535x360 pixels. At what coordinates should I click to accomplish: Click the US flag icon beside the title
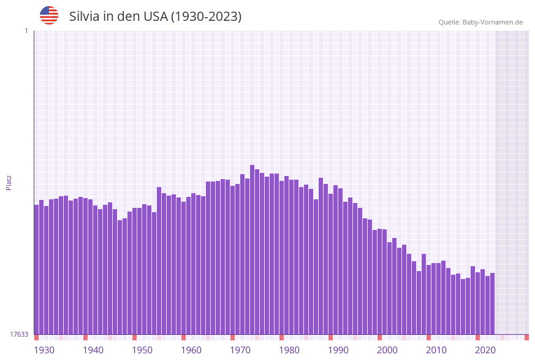tap(49, 15)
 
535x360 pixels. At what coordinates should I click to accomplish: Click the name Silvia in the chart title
tap(85, 17)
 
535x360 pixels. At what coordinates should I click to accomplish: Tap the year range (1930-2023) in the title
tap(206, 17)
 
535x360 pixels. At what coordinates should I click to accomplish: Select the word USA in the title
tap(155, 17)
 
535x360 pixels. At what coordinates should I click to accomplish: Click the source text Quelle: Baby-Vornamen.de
tap(480, 22)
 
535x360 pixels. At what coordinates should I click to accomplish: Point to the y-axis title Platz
tap(9, 183)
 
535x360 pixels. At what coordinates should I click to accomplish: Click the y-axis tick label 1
tap(26, 31)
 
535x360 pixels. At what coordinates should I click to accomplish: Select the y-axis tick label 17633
tap(19, 334)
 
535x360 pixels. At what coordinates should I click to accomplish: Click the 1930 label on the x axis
tap(44, 350)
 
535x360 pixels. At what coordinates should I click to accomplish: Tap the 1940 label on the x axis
tap(93, 350)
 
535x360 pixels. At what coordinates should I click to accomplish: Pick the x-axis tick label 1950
tap(142, 350)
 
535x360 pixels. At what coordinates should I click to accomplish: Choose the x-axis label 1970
tap(240, 350)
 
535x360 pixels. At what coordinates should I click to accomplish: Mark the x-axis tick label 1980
tap(289, 350)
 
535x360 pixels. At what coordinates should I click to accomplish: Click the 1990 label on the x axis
tap(338, 350)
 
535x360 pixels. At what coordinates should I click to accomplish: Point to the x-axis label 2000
tap(387, 350)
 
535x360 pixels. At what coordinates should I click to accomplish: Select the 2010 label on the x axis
tap(436, 350)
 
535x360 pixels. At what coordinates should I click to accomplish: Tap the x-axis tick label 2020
tap(485, 350)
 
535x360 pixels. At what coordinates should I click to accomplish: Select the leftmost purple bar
tap(36, 270)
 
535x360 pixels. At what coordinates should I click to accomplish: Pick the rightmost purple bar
tap(492, 304)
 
